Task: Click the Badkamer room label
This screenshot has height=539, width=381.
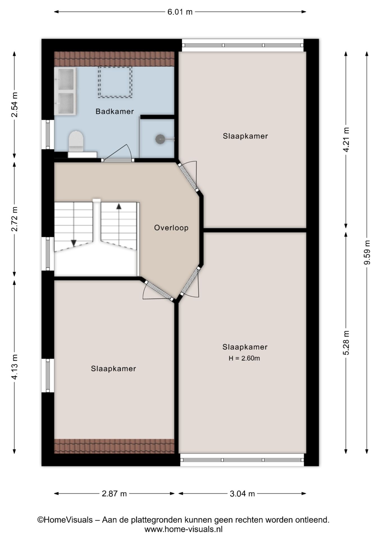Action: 114,111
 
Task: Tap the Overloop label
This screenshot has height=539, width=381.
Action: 171,228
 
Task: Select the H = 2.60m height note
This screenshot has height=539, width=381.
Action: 244,358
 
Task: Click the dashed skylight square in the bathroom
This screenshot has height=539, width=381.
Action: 115,82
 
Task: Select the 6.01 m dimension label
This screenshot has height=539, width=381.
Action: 180,12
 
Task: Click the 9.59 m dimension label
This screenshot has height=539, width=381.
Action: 367,252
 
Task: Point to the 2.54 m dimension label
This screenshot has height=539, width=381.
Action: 14,104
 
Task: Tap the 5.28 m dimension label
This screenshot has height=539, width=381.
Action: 346,342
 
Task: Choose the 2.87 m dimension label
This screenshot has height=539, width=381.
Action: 114,493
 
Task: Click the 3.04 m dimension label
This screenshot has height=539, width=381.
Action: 242,493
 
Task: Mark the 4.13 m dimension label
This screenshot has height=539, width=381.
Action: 14,367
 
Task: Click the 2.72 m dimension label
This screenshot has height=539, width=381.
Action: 14,219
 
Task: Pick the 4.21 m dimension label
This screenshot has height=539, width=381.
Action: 346,140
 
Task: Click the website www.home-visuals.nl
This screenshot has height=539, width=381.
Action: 183,529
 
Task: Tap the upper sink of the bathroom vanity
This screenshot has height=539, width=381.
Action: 66,79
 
